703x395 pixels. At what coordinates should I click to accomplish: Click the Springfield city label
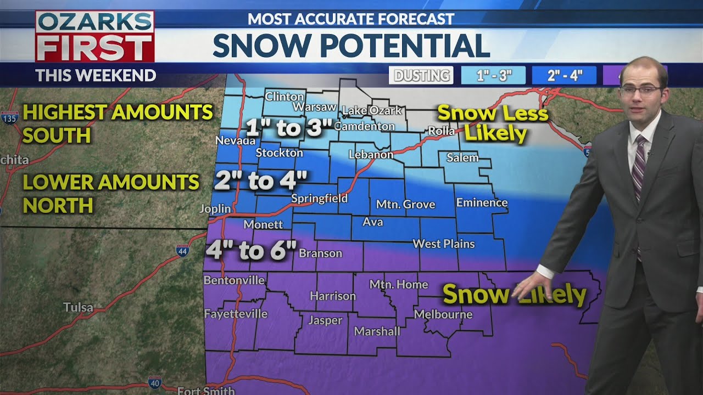pos(319,199)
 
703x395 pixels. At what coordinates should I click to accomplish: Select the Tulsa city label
pos(78,307)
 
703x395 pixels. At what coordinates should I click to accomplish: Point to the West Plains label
pos(443,244)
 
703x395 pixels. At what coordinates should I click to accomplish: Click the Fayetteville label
pos(236,314)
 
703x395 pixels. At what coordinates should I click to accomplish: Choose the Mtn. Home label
pos(398,284)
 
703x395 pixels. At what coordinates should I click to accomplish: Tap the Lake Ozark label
pos(372,111)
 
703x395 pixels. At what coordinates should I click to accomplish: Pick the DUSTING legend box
pos(421,76)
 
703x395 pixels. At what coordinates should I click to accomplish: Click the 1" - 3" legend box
pos(493,76)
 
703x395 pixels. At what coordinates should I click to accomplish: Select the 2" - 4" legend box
pos(564,76)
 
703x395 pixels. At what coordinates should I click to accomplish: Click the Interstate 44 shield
pos(183,251)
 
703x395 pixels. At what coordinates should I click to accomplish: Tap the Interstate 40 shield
pos(155,382)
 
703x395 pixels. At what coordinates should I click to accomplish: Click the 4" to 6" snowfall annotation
pos(251,250)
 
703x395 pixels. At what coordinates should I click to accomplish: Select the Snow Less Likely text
pos(493,123)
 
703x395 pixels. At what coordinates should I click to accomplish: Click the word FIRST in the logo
pos(94,48)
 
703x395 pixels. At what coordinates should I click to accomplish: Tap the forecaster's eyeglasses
pos(640,89)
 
